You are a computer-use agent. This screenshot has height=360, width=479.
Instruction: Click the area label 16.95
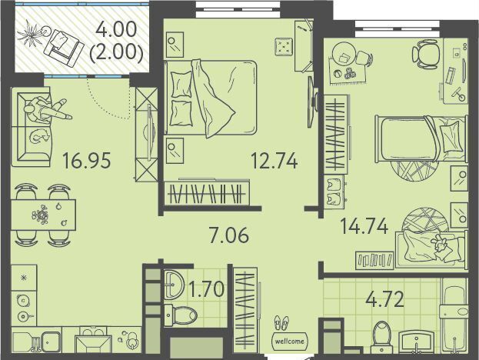pos(86,161)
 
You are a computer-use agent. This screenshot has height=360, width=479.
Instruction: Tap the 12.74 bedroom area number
pos(274,161)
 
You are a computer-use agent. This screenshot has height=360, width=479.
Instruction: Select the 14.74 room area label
pos(364,226)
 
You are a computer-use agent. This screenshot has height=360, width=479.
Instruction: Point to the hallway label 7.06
pos(229,235)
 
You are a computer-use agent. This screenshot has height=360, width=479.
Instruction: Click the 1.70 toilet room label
pos(207,289)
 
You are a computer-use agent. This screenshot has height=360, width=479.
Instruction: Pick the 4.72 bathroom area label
pos(385,299)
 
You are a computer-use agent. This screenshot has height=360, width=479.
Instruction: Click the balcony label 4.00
pos(116,31)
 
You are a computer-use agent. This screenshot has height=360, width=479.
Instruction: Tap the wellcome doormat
pos(290,341)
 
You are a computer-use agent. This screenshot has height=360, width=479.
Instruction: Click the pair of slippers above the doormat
pos(281,323)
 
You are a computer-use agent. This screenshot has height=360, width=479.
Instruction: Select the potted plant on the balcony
pos(31,34)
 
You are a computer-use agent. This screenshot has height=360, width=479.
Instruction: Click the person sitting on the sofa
pos(46,111)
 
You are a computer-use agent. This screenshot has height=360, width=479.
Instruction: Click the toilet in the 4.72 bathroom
pos(381,337)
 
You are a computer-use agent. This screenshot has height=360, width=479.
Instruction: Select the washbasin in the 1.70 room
pos(174,285)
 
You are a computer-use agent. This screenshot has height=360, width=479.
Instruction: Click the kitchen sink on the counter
pos(51,342)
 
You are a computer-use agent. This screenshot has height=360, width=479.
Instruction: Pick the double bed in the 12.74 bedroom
pos(210,98)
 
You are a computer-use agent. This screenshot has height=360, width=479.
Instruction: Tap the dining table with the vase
pos(43,215)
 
